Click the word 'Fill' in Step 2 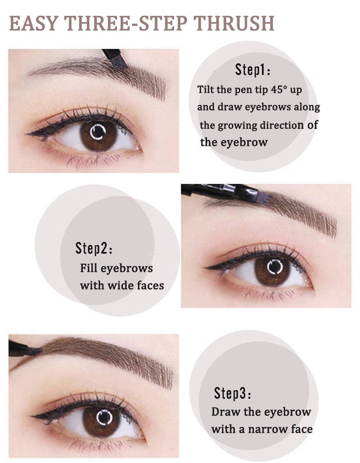88,268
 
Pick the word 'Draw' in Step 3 222,412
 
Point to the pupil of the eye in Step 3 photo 103,417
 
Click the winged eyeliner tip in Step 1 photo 29,133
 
